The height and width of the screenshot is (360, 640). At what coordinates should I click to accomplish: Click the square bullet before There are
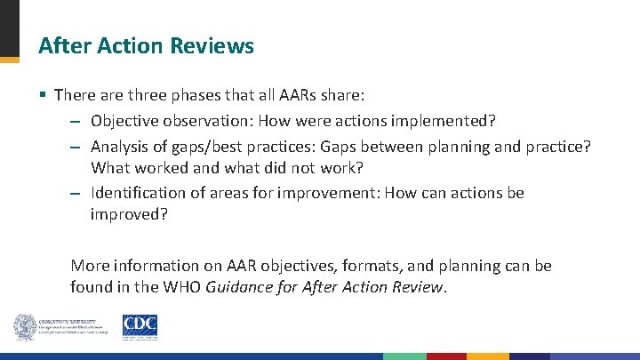pos(43,94)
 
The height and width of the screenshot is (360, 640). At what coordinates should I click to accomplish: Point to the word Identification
pos(136,193)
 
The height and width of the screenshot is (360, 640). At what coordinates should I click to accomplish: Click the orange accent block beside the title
pos(9,60)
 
